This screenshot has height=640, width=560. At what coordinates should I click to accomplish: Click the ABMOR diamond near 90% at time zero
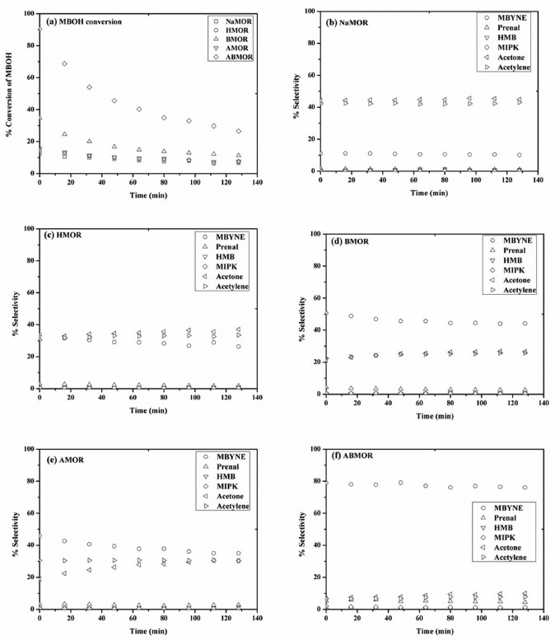pyautogui.click(x=40, y=30)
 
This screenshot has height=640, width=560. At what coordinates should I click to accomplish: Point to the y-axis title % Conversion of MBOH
pyautogui.click(x=9, y=94)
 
